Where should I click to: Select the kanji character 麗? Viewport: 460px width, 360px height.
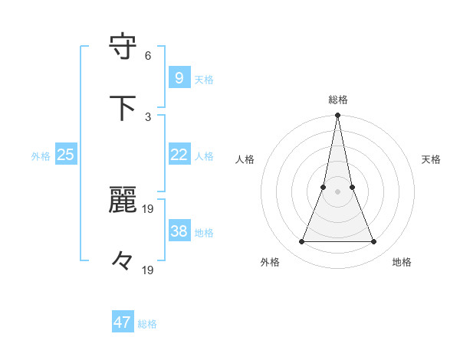123,200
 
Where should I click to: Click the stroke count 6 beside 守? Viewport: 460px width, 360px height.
148,55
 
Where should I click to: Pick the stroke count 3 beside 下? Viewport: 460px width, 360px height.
148,116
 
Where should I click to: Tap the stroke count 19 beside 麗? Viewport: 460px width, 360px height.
148,208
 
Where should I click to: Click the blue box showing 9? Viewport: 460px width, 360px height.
179,77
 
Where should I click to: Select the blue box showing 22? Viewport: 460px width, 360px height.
179,155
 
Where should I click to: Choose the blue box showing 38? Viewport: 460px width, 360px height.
179,231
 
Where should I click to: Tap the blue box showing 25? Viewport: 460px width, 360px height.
66,155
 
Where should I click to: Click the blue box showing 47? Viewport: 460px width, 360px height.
123,322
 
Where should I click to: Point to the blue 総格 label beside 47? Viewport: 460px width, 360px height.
147,324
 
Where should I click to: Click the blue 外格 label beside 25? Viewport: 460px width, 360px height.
41,156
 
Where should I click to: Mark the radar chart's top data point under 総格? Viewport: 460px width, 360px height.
337,116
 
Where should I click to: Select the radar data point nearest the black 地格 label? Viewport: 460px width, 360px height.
374,242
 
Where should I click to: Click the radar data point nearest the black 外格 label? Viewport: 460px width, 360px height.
301,242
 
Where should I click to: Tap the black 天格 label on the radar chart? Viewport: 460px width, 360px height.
431,159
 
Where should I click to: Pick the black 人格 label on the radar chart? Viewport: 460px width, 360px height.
245,159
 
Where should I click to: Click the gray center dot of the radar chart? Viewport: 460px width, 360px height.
337,191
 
